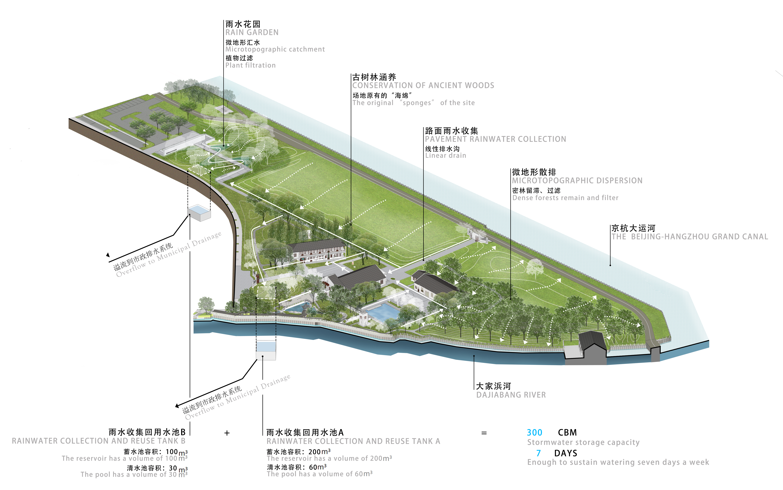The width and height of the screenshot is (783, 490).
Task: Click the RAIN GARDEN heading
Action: pyautogui.click(x=252, y=32)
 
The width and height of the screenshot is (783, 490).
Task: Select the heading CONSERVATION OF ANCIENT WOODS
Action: pyautogui.click(x=423, y=85)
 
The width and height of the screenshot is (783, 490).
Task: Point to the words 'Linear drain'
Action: pyautogui.click(x=445, y=156)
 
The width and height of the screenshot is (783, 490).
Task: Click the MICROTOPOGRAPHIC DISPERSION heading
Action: pyautogui.click(x=577, y=181)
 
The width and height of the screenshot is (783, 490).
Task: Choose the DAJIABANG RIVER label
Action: pyautogui.click(x=511, y=395)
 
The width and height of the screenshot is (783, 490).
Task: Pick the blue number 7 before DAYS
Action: pyautogui.click(x=538, y=453)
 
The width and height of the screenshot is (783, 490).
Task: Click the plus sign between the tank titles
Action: pyautogui.click(x=227, y=433)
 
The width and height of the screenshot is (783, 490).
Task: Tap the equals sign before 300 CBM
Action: pyautogui.click(x=484, y=433)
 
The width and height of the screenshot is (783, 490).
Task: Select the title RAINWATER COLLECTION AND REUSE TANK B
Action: pyautogui.click(x=99, y=441)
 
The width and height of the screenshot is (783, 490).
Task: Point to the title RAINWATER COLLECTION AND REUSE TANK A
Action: pyautogui.click(x=353, y=441)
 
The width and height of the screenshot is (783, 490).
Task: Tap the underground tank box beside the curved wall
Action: pyautogui.click(x=199, y=213)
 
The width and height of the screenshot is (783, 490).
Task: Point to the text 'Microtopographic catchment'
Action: pyautogui.click(x=275, y=49)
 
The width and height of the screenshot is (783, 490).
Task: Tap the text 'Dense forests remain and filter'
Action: pyautogui.click(x=565, y=198)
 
